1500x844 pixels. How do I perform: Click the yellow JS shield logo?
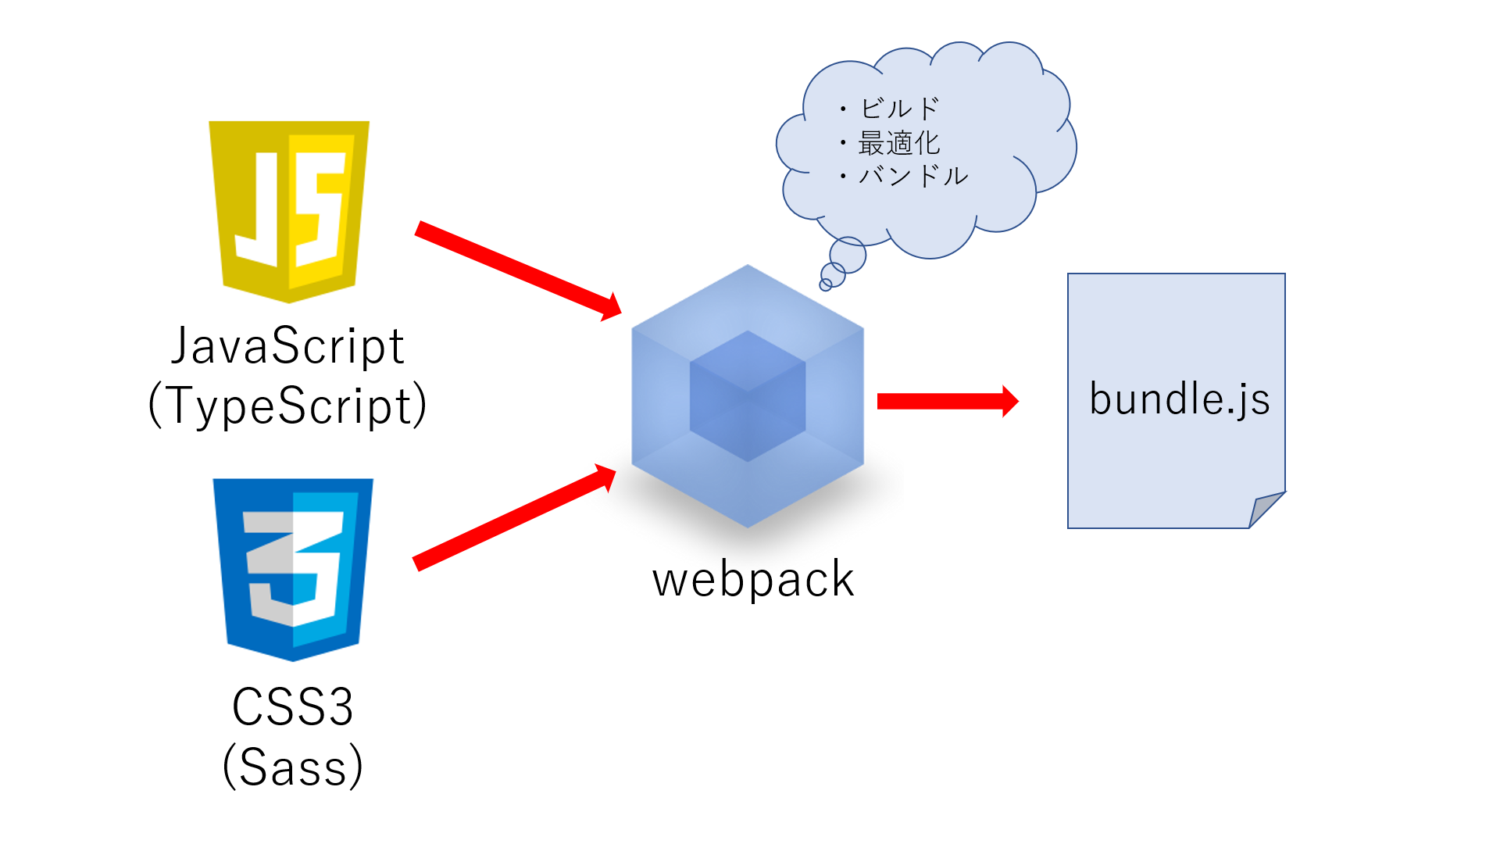coord(289,211)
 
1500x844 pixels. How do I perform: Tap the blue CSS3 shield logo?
coord(293,569)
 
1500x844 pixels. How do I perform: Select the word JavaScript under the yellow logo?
coord(287,346)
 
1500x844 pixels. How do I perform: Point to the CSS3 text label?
coord(293,707)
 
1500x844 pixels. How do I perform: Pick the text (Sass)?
coord(293,767)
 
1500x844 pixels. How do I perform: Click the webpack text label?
coord(753,580)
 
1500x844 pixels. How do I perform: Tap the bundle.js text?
coord(1179,399)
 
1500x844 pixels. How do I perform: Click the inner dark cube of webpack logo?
coord(748,396)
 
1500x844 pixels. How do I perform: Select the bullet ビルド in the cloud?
coord(898,109)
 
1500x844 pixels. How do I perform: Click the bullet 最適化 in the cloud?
coord(898,143)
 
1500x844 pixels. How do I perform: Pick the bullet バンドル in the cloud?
coord(912,176)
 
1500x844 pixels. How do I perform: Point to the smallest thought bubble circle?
coord(826,284)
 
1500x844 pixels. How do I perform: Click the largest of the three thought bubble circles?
coord(848,255)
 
